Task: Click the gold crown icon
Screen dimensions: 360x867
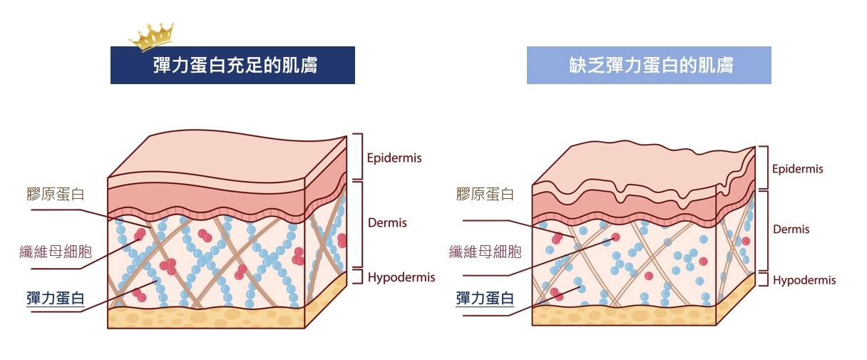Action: click(150, 36)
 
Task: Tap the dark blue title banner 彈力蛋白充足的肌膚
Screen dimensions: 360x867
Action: click(232, 66)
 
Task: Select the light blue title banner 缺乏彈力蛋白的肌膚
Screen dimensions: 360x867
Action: click(649, 66)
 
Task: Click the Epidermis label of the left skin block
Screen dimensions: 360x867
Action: click(394, 158)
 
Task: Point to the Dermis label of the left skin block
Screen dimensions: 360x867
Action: click(387, 223)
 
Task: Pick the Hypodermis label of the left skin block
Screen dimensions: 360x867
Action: click(401, 277)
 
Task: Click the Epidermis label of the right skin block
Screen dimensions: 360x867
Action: click(798, 169)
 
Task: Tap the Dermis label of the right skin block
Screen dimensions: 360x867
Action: click(791, 230)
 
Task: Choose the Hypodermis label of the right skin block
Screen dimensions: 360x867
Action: click(804, 280)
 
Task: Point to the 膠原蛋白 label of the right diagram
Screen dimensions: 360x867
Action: click(485, 194)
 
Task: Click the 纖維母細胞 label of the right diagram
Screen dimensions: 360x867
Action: click(486, 252)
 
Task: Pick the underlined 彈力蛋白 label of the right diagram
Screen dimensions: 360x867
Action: click(485, 298)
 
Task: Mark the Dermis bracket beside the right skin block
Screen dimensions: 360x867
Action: click(763, 230)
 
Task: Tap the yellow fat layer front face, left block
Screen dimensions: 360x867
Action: click(207, 318)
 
